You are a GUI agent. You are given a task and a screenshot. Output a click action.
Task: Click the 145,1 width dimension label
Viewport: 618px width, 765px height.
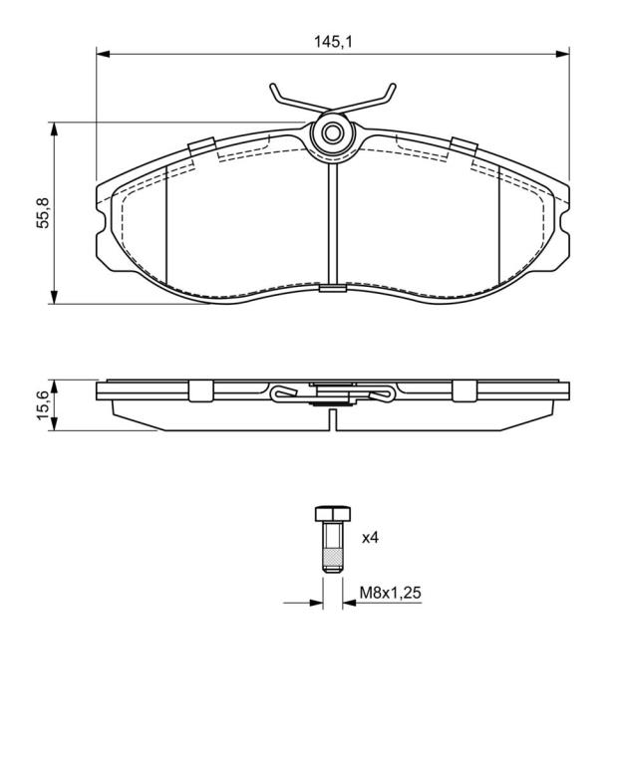pyautogui.click(x=333, y=42)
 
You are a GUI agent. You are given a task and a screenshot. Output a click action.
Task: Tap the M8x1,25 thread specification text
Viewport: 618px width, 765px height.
pyautogui.click(x=390, y=593)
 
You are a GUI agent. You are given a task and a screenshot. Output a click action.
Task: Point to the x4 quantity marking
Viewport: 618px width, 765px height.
pyautogui.click(x=370, y=538)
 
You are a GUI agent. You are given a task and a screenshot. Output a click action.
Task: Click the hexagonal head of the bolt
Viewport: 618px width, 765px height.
pyautogui.click(x=333, y=514)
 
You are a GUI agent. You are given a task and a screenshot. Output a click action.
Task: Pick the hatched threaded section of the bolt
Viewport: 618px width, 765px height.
pyautogui.click(x=333, y=555)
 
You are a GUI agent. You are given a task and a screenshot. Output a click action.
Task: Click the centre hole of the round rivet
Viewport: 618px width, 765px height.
pyautogui.click(x=333, y=132)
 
